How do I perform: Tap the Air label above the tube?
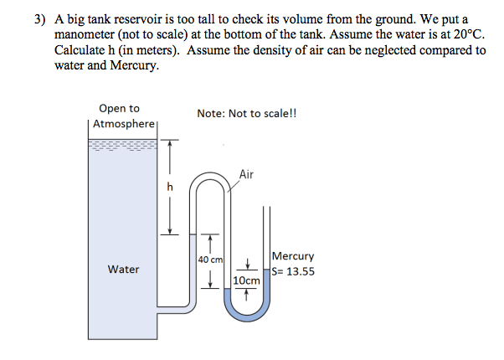[x=246, y=174]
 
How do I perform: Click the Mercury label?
[x=294, y=256]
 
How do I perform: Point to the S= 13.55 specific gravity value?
[x=294, y=270]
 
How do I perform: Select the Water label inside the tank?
[x=123, y=270]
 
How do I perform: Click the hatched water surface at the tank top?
[x=121, y=145]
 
